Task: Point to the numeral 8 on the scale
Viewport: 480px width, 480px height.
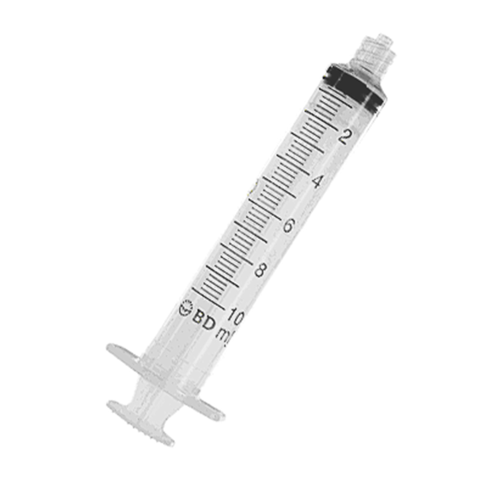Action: (x=260, y=270)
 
